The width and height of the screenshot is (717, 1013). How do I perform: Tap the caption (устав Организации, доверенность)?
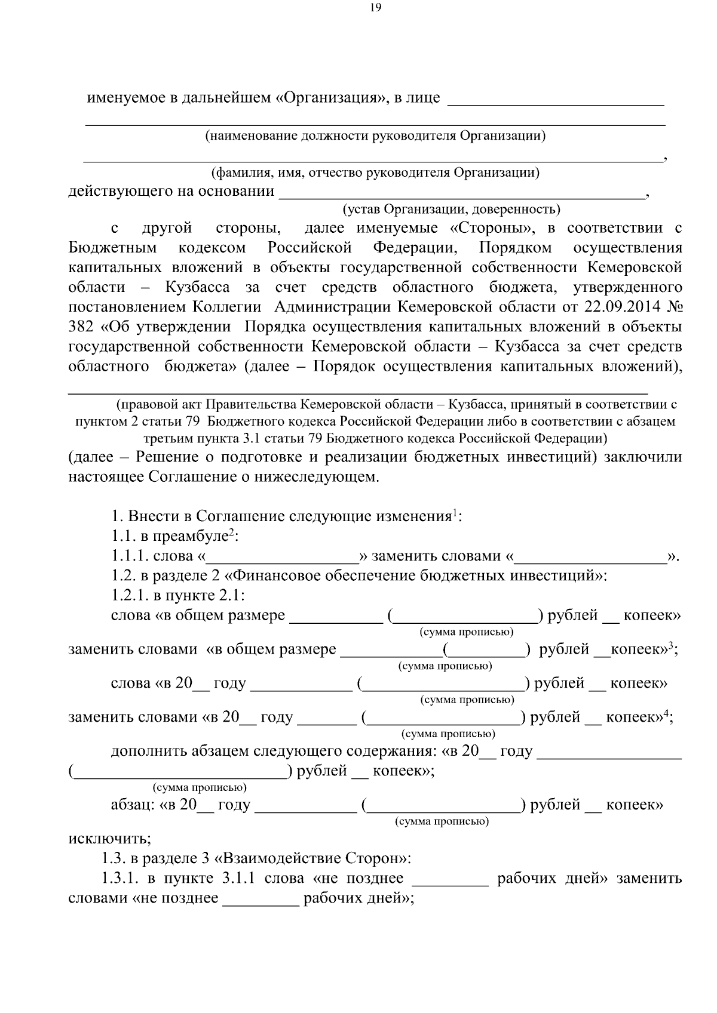click(x=451, y=209)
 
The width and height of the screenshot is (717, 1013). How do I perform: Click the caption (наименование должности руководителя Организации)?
click(x=375, y=136)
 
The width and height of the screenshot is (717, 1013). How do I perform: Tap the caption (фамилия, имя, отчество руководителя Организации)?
click(x=376, y=173)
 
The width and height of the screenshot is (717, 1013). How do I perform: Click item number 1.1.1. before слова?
click(x=130, y=556)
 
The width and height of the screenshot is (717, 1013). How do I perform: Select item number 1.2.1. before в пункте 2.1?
click(x=130, y=596)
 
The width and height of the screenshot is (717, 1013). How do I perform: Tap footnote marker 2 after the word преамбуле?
click(x=232, y=532)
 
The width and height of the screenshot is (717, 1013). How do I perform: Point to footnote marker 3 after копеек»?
click(x=671, y=645)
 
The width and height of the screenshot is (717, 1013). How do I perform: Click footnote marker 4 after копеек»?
click(x=667, y=713)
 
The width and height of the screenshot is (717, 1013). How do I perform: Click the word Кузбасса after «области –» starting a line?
click(x=197, y=288)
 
